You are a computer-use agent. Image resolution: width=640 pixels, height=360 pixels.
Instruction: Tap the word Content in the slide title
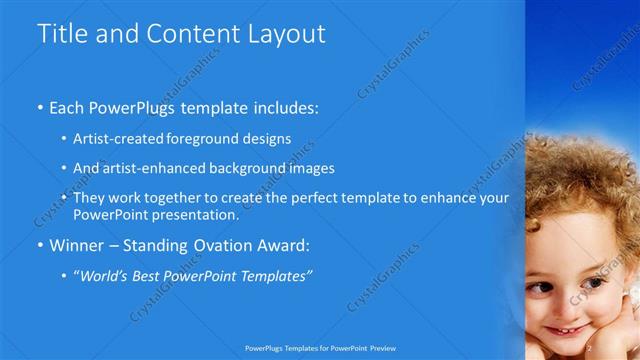pos(190,34)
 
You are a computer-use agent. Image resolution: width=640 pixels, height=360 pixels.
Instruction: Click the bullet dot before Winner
pos(40,245)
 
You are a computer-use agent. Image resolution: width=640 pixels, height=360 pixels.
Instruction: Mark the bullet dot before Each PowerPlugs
pos(40,106)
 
